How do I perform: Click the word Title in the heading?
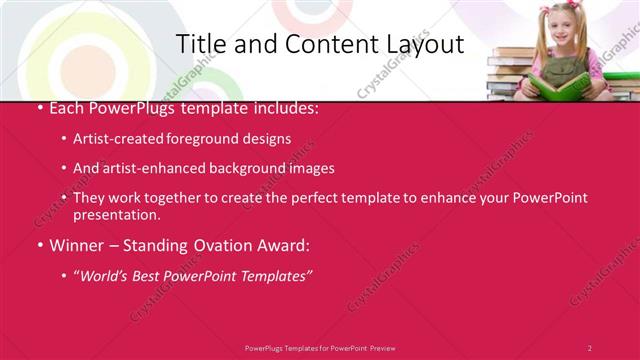[x=200, y=45]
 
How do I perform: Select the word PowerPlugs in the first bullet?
[x=126, y=109]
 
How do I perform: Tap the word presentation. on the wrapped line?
[x=116, y=214]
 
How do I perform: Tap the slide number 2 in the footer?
[x=589, y=347]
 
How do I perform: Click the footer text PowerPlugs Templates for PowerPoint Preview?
[x=320, y=347]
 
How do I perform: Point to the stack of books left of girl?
[x=511, y=75]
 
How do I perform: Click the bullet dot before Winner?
[x=39, y=245]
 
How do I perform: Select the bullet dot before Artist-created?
[x=64, y=140]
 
